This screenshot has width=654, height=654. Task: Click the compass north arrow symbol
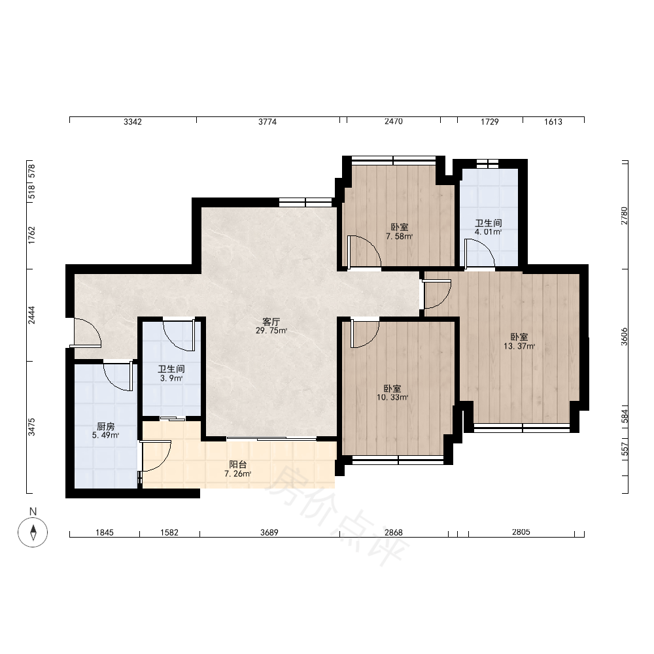click(33, 532)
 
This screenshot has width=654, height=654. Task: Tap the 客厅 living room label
click(271, 322)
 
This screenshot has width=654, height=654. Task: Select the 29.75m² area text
click(271, 331)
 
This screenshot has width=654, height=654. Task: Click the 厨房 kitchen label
click(105, 426)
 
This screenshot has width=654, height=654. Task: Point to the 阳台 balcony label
click(238, 464)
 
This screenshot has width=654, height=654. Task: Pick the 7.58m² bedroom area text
click(399, 237)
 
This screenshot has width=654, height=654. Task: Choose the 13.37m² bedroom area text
click(519, 346)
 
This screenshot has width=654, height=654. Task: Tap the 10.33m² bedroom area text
click(392, 398)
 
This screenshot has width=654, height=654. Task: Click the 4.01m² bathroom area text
click(488, 232)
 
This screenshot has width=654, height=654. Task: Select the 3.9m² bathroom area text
click(171, 379)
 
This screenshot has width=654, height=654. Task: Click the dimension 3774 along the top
click(267, 122)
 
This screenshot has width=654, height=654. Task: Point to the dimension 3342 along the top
click(133, 122)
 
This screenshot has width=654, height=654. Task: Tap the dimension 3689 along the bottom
click(269, 532)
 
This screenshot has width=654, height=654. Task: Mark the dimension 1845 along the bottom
click(104, 532)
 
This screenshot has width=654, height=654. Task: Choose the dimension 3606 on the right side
click(625, 336)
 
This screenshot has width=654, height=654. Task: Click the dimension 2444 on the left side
click(31, 315)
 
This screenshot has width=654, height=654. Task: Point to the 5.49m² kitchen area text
click(105, 436)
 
